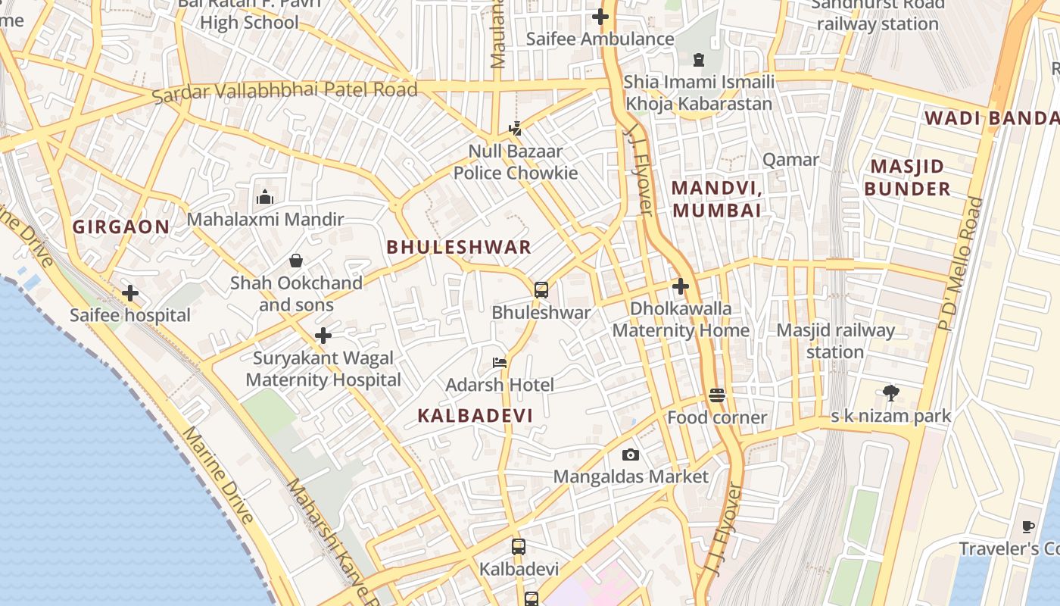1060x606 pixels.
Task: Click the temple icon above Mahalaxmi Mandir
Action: [264, 197]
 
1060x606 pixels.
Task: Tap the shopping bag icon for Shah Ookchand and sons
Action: [296, 261]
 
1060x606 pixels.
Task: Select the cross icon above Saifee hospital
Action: [130, 292]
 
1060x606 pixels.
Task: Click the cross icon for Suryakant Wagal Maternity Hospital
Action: [323, 335]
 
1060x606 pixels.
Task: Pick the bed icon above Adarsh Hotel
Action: [500, 362]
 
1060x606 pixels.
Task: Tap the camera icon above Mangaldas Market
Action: [630, 454]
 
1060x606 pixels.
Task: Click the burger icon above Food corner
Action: [717, 395]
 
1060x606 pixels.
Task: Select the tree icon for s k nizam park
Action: [891, 392]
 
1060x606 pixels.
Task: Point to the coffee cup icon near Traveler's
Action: [1027, 526]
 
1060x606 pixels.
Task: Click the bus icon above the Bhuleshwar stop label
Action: [541, 289]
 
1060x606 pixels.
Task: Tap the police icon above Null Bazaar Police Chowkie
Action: [516, 128]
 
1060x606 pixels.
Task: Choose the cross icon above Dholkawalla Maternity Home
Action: [681, 286]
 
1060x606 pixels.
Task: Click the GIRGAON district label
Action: [121, 226]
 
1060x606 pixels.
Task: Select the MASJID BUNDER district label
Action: [907, 177]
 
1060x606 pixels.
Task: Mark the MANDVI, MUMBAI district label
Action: [716, 198]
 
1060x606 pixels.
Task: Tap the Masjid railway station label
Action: [835, 341]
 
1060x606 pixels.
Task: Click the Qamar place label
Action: [790, 160]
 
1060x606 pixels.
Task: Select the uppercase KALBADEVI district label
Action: [475, 415]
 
